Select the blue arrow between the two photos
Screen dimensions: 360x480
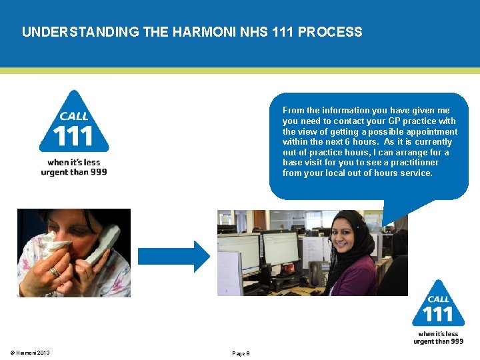pyautogui.click(x=173, y=255)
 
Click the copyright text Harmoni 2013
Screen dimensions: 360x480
pyautogui.click(x=30, y=353)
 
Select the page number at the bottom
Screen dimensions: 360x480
pyautogui.click(x=241, y=353)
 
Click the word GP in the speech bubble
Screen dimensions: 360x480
pyautogui.click(x=397, y=121)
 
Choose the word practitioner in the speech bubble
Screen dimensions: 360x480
pyautogui.click(x=415, y=163)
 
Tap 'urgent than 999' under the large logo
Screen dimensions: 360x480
pyautogui.click(x=73, y=172)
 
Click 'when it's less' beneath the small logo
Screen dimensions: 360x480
pyautogui.click(x=438, y=334)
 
